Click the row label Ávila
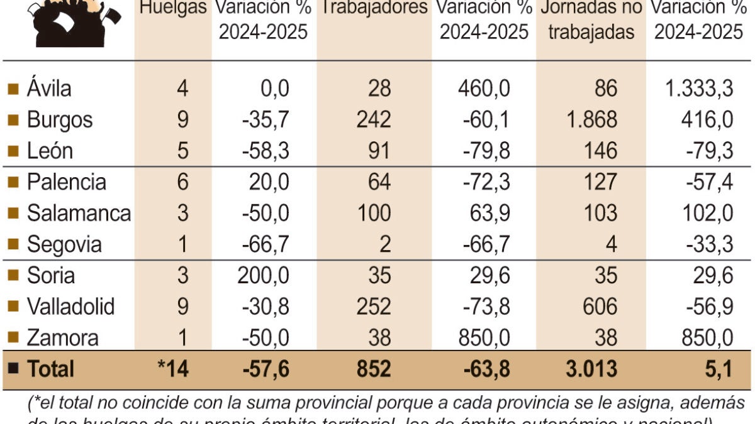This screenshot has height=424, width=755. tap(48, 88)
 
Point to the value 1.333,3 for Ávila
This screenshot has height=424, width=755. tap(699, 88)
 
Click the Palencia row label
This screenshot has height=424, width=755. tap(66, 182)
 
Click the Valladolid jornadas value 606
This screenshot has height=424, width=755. tap(598, 307)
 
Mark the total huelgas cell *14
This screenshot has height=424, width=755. tap(174, 369)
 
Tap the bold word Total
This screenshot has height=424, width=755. tap(50, 369)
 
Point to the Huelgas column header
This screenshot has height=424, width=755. tap(172, 8)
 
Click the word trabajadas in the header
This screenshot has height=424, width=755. tap(591, 33)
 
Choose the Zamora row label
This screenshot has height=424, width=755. tap(62, 338)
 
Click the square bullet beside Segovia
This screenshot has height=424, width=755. tap(13, 244)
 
